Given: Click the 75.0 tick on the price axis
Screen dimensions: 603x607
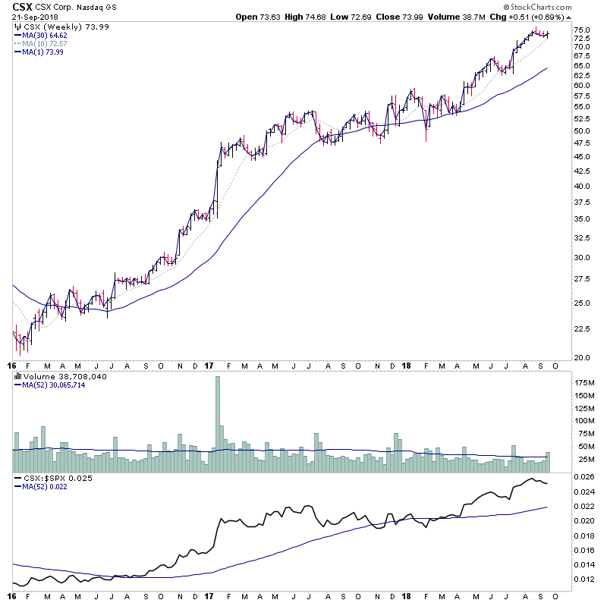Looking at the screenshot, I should tap(583, 30).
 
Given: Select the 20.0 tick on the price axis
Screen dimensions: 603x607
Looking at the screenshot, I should tap(583, 357).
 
